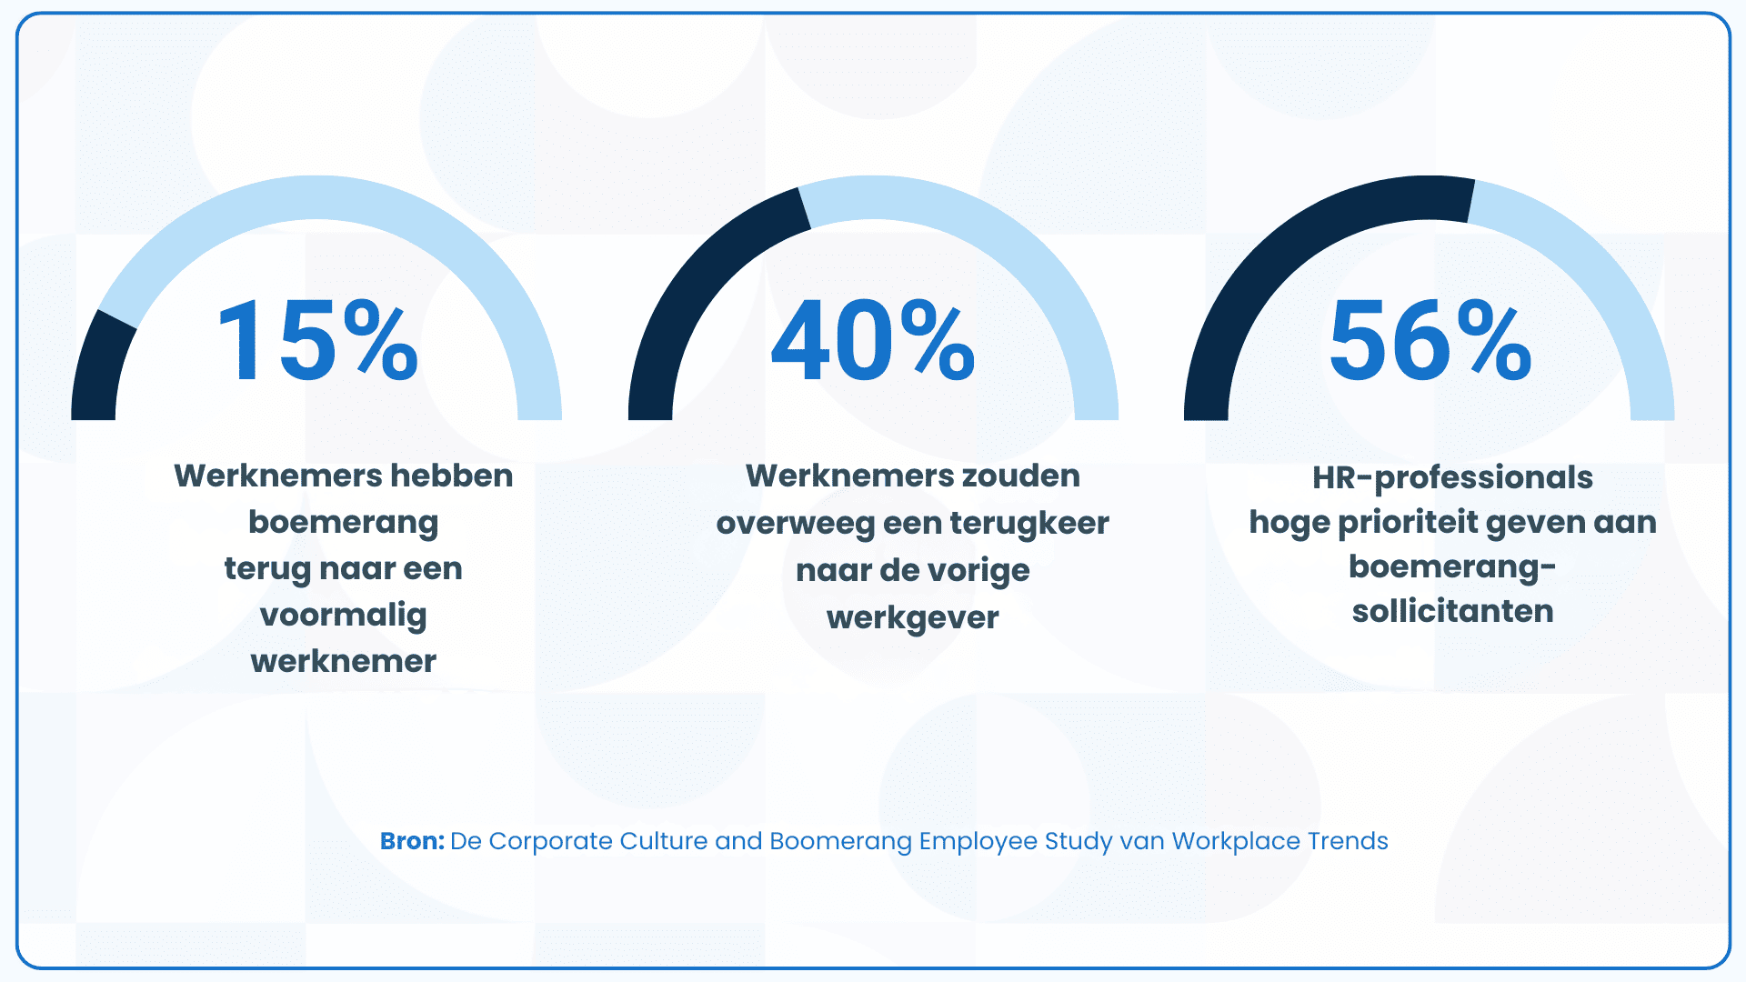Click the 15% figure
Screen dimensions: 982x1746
pos(317,341)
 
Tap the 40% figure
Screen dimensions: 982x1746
pos(873,341)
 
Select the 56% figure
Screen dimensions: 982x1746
pos(1430,341)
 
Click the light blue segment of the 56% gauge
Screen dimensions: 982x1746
pos(1600,291)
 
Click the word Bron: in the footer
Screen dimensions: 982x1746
pos(412,841)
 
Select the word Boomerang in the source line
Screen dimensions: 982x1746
pos(840,841)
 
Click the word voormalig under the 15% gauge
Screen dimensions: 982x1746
pos(344,616)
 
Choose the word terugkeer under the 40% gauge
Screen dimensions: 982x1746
pos(1029,524)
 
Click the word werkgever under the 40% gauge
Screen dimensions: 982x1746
pos(912,618)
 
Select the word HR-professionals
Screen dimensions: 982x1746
pos(1452,477)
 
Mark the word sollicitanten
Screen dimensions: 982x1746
pos(1452,611)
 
